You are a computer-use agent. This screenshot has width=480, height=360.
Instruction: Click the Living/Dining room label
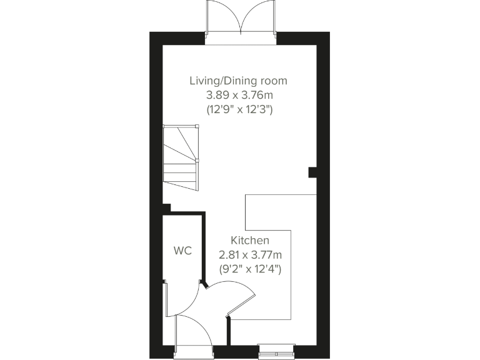[x=239, y=81]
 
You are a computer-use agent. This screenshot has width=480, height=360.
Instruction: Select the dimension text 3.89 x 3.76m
[x=239, y=95]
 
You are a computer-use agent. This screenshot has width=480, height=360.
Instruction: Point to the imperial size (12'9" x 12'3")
[x=239, y=109]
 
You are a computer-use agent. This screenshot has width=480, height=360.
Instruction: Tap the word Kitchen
[x=250, y=240]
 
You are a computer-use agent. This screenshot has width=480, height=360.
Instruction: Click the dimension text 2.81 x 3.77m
[x=250, y=254]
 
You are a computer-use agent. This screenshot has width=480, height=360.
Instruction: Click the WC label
[x=182, y=251]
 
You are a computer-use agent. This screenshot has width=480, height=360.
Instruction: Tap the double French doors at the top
[x=241, y=22]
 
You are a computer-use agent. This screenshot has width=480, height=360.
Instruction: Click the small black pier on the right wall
[x=312, y=172]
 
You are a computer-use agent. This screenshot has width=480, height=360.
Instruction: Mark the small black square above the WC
[x=166, y=208]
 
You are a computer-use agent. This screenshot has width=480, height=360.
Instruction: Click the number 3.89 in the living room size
[x=217, y=95]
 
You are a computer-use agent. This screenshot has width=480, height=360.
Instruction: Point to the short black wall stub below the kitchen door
[x=229, y=331]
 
